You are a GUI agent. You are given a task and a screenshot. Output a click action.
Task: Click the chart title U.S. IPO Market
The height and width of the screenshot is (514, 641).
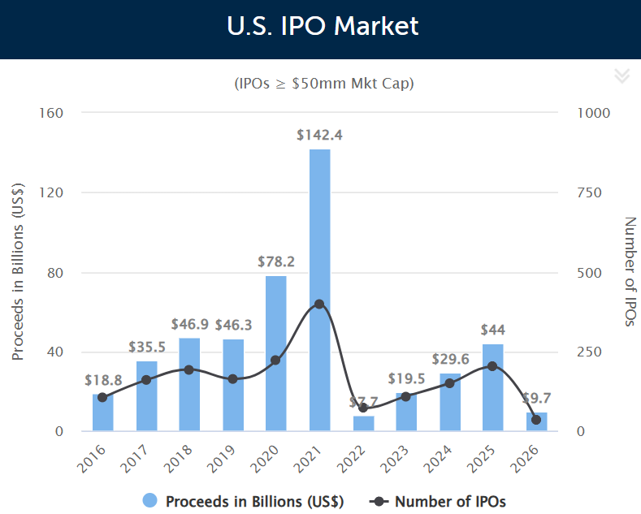[323, 26]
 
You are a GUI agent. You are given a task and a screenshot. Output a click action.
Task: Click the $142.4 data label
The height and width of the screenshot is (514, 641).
[319, 135]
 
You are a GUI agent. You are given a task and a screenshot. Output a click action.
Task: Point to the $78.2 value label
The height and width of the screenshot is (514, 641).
[276, 261]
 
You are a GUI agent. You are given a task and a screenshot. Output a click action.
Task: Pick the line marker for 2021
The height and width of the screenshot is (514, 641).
[319, 304]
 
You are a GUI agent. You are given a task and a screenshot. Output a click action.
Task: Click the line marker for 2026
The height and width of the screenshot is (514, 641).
[536, 420]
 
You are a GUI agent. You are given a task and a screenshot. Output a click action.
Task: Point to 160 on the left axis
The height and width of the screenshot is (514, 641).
[51, 112]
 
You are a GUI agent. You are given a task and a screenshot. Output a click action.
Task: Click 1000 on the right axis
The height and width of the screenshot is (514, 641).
[592, 112]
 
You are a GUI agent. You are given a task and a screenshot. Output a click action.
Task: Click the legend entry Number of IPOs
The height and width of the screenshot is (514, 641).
[449, 501]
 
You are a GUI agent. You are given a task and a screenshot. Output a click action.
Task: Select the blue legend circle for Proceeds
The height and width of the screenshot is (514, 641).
[149, 501]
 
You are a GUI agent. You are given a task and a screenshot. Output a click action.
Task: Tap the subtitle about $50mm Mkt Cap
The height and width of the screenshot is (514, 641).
[323, 84]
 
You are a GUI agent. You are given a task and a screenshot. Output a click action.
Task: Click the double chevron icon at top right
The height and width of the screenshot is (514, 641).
[622, 76]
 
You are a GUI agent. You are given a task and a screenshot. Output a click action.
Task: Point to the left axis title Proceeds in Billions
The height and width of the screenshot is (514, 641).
[18, 272]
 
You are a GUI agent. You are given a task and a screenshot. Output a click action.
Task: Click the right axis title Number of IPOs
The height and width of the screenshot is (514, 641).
[628, 272]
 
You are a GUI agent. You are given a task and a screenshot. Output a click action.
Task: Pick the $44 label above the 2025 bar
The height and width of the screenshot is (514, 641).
[492, 330]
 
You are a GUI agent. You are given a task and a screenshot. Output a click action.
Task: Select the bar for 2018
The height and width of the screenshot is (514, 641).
[189, 385]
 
